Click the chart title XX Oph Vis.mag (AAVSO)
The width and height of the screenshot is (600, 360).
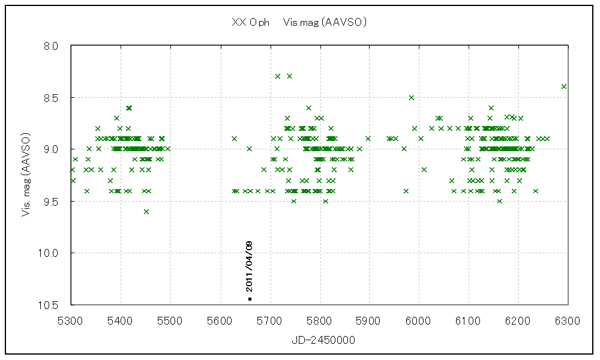coord(299,23)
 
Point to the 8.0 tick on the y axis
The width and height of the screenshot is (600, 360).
coord(52,46)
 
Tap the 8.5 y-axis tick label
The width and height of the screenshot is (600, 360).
coord(52,97)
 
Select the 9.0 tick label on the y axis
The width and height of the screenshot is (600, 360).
coord(52,149)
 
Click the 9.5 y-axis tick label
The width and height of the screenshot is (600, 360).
coord(52,201)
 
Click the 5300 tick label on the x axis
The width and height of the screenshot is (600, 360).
coord(71,322)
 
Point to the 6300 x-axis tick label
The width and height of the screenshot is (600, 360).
coord(567,322)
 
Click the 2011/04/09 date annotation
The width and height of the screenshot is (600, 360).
coord(250,266)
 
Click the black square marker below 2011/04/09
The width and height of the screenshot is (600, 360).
coord(250,298)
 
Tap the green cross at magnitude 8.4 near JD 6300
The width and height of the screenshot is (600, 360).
coord(564,86)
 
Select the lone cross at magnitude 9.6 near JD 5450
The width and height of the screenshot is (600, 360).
coord(146,211)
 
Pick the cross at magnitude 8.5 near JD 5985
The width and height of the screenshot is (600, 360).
coord(411,97)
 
